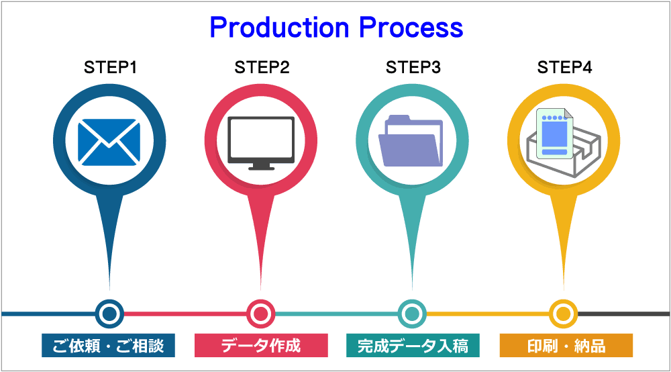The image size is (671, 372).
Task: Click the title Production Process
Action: coord(336,28)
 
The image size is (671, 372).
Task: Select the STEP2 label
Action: coord(262,68)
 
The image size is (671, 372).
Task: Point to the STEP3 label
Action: coord(413,68)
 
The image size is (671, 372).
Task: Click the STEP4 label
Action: coord(564,68)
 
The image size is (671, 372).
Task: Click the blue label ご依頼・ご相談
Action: coord(108,346)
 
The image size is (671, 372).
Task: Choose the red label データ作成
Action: coord(261,346)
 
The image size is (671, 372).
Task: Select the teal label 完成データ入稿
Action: coord(413,346)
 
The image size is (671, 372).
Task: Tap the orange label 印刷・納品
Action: coord(566,346)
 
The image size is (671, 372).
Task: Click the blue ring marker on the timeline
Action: coord(109,313)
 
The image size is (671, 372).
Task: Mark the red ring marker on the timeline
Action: coord(260,313)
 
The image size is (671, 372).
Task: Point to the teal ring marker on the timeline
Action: coord(412,313)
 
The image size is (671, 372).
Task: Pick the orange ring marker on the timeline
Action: coord(563,313)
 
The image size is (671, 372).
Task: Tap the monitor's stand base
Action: coord(261,167)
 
